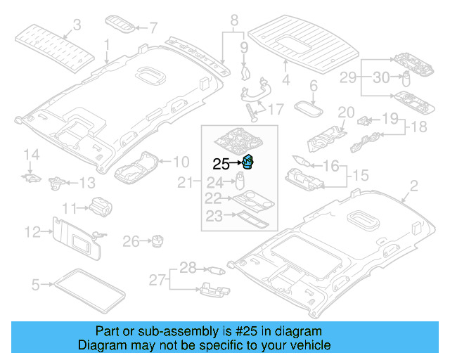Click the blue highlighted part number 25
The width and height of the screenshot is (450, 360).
[x=247, y=162]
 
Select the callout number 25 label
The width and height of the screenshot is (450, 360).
[x=221, y=165]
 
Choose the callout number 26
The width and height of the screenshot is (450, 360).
[x=131, y=242]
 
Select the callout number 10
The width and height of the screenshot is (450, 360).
[x=181, y=161]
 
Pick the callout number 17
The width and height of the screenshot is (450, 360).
[x=276, y=109]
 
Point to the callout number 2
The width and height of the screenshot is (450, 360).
[x=413, y=186]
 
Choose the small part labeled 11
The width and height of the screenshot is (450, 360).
[x=100, y=205]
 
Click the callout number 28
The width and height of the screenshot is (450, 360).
[x=187, y=266]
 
